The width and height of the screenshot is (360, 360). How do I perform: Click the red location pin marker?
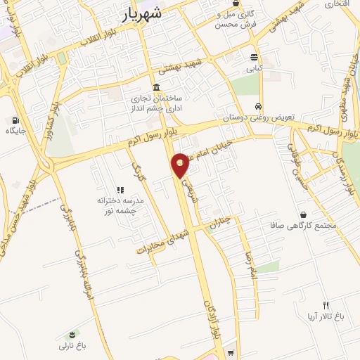point(181,164)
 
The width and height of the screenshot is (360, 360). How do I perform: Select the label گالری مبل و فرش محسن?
point(238,19)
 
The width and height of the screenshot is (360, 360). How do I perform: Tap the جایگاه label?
point(15,131)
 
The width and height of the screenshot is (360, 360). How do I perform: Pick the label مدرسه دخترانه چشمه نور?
point(120,205)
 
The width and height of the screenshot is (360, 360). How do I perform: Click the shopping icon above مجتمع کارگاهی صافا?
point(303,214)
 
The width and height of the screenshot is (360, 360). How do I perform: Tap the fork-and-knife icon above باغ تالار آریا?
point(326,304)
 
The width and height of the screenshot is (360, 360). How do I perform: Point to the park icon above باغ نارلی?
point(72,334)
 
